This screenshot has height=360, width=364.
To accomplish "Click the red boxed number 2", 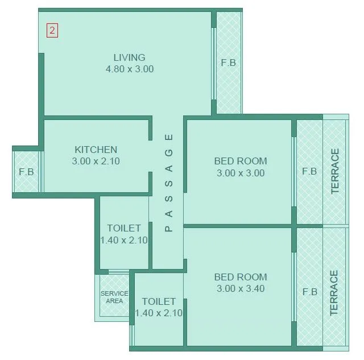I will tap(52, 31).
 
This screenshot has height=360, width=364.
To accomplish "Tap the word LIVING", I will tap(129, 57).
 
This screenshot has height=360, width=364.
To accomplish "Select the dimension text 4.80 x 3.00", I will tap(130, 69).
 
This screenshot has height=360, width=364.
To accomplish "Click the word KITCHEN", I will tap(96, 150).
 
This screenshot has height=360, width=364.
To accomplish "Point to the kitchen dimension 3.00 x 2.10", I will tap(96, 162).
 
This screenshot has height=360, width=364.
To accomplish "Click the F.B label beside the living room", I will tap(228, 63).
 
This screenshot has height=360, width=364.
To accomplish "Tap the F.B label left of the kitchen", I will tap(26, 172).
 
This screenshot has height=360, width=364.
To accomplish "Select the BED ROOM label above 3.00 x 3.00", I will tap(240, 161).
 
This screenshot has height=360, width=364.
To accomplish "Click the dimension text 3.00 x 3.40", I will tap(240, 289).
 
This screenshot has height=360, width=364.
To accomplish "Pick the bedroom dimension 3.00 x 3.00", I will tap(240, 173).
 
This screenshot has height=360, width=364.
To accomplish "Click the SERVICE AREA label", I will tap(114, 297).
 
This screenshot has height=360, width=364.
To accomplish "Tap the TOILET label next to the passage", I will tap(124, 228).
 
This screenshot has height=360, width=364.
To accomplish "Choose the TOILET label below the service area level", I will tap(159, 301).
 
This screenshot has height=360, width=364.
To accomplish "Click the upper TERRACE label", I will tap(335, 171).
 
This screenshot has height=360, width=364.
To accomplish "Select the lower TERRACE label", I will tap(334, 293).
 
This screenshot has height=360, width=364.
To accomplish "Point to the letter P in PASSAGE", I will tap(168, 229).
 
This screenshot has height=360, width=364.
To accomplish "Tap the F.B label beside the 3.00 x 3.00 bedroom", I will tap(309, 171).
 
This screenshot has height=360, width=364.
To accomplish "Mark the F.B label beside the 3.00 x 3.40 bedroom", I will tap(309, 292).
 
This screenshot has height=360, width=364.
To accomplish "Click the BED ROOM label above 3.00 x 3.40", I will tap(240, 277).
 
